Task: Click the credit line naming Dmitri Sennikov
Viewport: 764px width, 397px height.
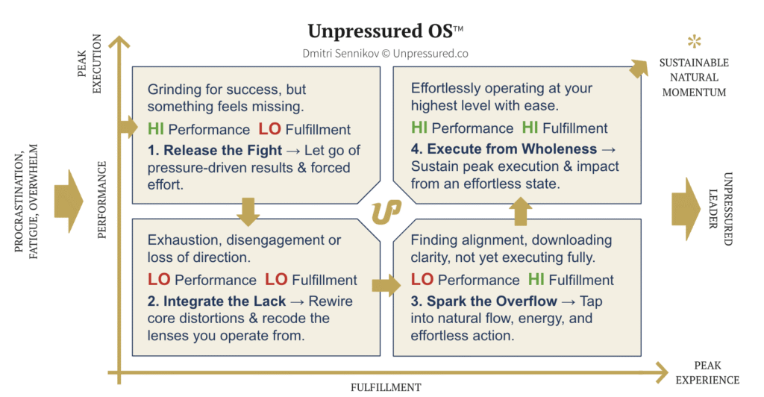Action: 386,53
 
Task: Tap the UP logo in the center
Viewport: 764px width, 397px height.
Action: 386,212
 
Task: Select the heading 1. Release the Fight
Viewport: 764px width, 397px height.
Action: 215,150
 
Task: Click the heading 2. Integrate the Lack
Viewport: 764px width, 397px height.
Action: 216,301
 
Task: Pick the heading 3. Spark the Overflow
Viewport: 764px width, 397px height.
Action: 483,301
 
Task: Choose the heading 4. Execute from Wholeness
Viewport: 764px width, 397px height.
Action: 504,149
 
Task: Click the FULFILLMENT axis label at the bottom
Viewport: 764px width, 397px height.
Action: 386,387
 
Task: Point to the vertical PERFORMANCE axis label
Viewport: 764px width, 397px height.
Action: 101,200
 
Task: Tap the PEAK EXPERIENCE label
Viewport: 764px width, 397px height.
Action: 707,372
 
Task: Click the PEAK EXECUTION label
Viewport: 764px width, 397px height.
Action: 90,63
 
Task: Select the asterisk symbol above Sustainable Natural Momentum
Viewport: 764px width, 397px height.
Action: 695,41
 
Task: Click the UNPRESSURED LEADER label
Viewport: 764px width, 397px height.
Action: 720,208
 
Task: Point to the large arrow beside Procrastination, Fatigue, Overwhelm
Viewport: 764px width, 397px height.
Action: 69,201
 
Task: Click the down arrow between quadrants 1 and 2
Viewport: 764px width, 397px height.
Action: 248,212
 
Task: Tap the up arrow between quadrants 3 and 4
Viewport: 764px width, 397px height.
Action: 520,211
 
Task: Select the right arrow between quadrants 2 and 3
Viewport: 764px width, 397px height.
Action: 386,286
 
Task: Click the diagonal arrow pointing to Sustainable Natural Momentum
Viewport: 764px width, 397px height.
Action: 639,69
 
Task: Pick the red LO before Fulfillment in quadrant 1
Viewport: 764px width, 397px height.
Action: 269,129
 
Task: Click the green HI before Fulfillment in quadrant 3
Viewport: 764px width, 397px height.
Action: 536,280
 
